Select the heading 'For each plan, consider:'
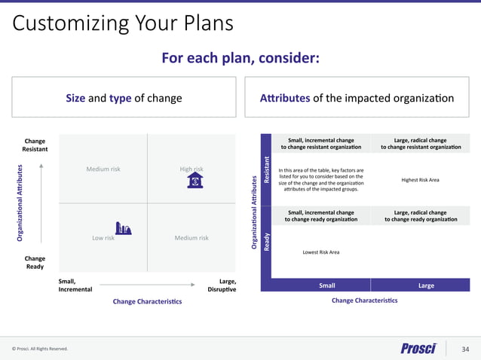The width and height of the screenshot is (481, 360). click(x=240, y=59)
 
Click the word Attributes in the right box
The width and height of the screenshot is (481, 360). click(x=285, y=98)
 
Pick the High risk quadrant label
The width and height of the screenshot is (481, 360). click(x=191, y=169)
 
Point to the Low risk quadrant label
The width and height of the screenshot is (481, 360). click(x=103, y=238)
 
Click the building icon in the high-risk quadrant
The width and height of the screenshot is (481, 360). click(x=195, y=180)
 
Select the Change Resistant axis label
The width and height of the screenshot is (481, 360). click(x=35, y=145)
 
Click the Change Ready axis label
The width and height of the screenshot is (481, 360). click(x=35, y=262)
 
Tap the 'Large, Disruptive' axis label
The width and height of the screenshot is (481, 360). click(x=222, y=285)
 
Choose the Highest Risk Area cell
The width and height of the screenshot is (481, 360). click(x=420, y=180)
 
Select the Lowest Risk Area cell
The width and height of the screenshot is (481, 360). click(x=321, y=252)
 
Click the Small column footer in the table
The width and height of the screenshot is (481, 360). click(x=327, y=285)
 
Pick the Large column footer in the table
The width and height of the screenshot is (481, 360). click(x=426, y=285)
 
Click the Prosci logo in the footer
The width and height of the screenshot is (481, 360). click(x=418, y=348)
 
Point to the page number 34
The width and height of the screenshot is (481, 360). click(x=464, y=348)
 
